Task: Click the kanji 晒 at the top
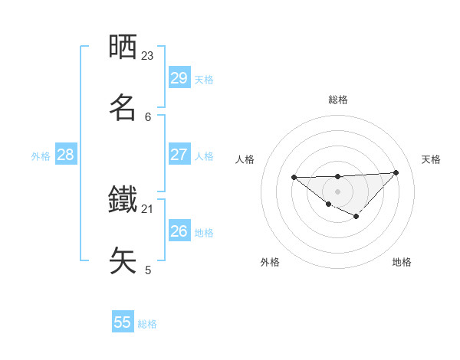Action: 123,47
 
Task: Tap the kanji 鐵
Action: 123,201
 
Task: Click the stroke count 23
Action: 148,56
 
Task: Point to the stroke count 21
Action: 148,208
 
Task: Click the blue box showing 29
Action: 179,78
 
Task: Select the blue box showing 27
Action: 179,155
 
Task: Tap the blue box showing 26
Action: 179,231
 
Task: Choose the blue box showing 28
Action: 65,155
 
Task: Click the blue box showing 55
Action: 123,322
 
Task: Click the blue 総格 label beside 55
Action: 147,324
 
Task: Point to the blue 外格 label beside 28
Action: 41,156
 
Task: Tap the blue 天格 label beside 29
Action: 204,80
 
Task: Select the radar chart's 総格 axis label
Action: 338,100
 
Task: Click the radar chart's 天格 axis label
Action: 432,159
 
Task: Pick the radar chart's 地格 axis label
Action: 402,262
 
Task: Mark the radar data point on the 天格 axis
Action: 396,172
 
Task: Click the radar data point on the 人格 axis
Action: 294,178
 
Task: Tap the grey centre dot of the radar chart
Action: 338,191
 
